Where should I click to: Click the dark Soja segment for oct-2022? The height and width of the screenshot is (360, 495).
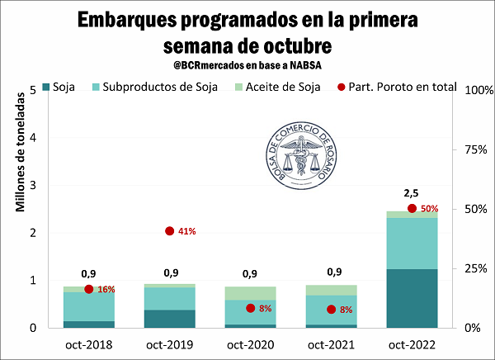click(412, 298)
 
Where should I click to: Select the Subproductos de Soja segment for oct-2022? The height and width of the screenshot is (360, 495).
click(412, 243)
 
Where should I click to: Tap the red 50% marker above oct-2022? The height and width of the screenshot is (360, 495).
click(412, 208)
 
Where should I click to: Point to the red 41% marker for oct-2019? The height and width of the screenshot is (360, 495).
click(170, 231)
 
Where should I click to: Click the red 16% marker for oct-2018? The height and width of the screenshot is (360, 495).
click(89, 289)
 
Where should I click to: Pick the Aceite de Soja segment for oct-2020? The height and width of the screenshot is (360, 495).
click(250, 293)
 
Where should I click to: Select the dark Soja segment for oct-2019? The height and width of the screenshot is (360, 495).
click(169, 319)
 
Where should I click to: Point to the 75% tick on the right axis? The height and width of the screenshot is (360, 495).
click(475, 149)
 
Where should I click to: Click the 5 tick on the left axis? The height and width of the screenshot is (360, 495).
click(32, 90)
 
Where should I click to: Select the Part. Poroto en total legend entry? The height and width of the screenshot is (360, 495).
click(394, 86)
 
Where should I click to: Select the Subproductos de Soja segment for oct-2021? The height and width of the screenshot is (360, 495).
click(331, 310)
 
